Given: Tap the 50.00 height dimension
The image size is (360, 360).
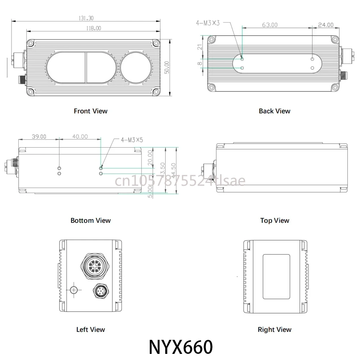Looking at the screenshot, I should coord(167,68).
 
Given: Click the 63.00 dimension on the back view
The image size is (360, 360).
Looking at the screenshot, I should coord(269,25).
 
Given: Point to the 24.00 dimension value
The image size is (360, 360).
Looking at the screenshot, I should coord(325,25).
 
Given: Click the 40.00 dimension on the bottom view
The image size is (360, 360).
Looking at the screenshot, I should coord(80,136).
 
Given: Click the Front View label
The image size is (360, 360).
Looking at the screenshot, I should coord(91,111).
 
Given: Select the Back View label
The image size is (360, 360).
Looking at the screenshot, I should coord(274,111).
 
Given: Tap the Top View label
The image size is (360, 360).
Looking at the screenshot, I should coord(275,220).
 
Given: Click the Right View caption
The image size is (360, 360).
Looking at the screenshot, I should coord(275,329).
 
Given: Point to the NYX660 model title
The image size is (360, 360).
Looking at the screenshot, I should coord(180,347).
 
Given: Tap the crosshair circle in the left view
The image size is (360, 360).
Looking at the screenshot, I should coord(74,290).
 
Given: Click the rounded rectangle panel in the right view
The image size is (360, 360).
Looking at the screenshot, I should coord(276,276).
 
